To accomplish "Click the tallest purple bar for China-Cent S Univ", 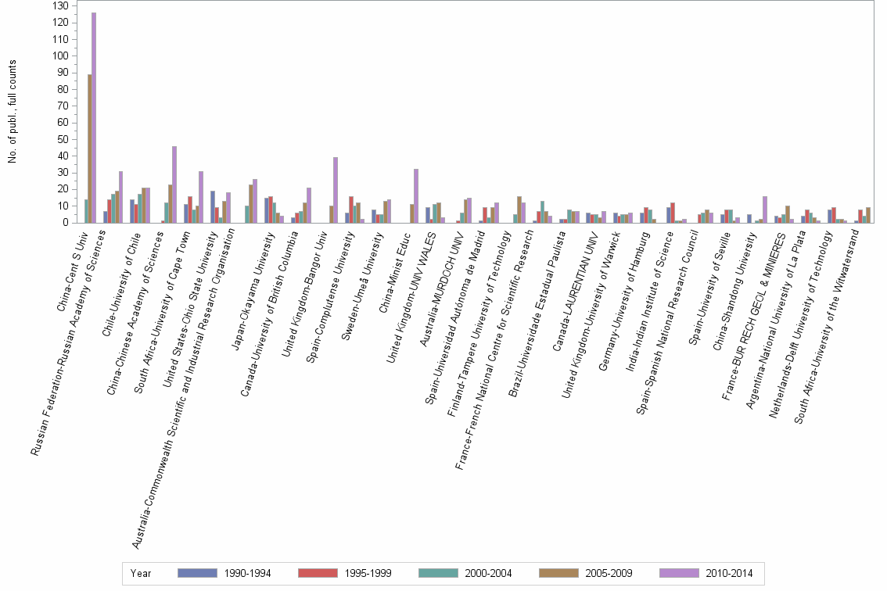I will click(94, 117).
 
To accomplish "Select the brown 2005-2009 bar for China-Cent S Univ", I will click(89, 149).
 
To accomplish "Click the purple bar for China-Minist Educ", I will click(416, 196).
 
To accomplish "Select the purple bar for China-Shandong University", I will click(764, 210).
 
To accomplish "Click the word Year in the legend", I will click(141, 573).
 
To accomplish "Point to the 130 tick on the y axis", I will click(59, 5).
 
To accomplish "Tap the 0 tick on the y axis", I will click(65, 223).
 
